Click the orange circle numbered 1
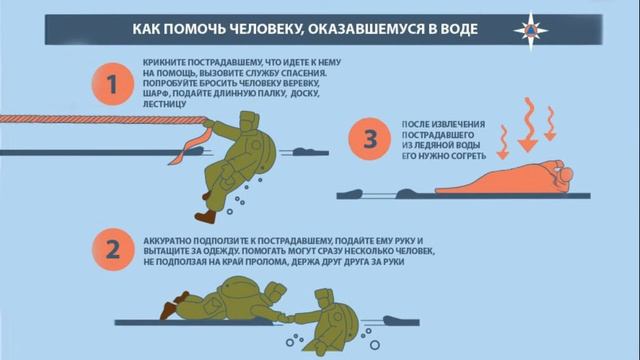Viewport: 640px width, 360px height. click(113, 84)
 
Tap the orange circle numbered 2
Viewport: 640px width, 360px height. click(113, 249)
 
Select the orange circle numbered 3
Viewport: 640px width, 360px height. click(370, 139)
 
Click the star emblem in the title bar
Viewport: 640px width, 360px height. click(531, 30)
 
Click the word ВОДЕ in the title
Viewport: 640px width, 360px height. click(458, 29)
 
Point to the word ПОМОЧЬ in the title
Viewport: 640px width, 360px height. click(197, 29)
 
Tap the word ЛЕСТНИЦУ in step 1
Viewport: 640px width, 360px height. click(164, 104)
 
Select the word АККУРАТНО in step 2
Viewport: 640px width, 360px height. click(167, 241)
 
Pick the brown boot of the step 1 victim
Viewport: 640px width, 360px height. click(205, 216)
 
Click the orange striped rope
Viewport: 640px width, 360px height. click(103, 119)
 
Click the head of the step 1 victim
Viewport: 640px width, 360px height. click(249, 123)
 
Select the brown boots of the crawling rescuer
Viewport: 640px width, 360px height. click(174, 305)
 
